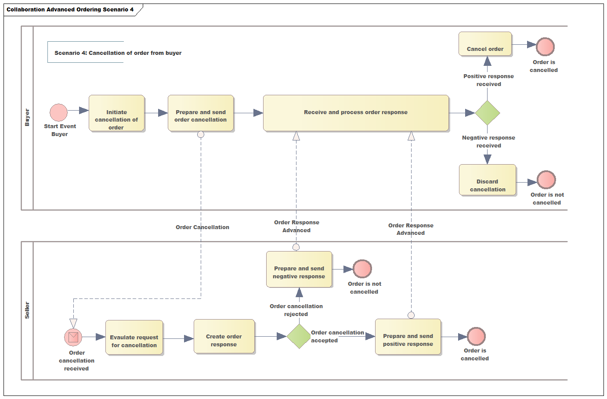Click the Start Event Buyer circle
click(x=58, y=112)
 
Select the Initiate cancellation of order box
click(x=116, y=113)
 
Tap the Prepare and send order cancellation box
click(x=201, y=113)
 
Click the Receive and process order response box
click(x=356, y=113)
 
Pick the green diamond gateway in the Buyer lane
click(x=488, y=113)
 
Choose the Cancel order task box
click(x=485, y=44)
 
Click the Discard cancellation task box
click(x=488, y=180)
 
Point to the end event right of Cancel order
click(x=545, y=47)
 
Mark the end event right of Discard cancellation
click(x=546, y=180)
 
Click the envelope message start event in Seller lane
click(x=73, y=337)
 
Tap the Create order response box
click(x=224, y=336)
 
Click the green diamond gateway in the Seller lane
click(x=299, y=336)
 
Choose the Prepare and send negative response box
click(x=299, y=269)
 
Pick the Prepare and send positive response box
click(x=408, y=336)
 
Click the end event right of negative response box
click(x=362, y=269)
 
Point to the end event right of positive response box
click(x=476, y=336)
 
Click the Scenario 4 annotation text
click(x=118, y=53)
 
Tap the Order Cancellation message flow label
click(x=202, y=227)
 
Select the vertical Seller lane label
click(x=27, y=310)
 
